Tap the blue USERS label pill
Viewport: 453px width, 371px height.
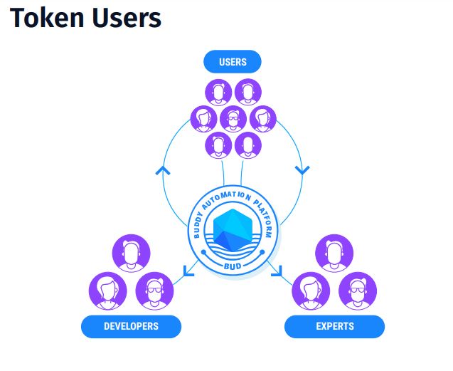[233, 62]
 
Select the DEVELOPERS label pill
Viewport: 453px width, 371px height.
[131, 327]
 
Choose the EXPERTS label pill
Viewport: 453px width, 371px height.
[334, 327]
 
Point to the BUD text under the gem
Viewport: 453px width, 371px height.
[233, 263]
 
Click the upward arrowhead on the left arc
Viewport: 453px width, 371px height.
[163, 171]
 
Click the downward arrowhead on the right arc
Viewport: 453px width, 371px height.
[302, 171]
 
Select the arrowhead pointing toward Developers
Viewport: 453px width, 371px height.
[188, 270]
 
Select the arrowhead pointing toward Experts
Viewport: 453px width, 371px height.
[277, 270]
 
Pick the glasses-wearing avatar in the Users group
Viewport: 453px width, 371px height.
[233, 119]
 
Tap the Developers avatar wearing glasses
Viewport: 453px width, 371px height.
[154, 290]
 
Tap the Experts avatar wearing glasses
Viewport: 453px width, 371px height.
[358, 290]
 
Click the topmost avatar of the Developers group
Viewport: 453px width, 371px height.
[131, 253]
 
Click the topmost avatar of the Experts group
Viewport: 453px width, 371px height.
[334, 253]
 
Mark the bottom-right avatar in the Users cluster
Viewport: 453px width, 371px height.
[247, 145]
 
